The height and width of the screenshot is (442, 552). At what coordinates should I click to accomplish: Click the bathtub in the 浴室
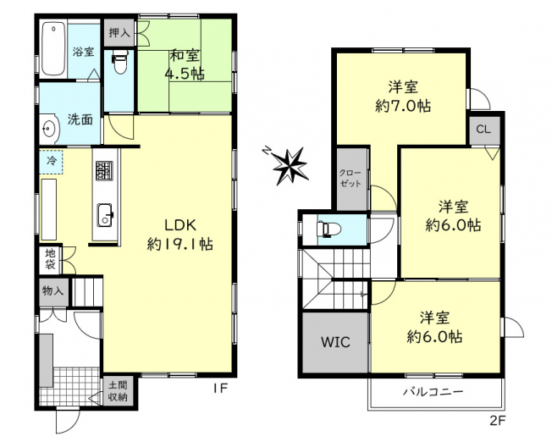53,50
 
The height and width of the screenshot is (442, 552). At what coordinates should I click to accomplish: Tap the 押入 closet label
119,33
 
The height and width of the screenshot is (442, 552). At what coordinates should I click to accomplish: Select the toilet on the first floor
119,63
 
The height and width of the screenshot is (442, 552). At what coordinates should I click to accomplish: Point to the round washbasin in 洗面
49,129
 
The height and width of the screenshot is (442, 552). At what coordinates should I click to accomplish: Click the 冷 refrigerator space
51,161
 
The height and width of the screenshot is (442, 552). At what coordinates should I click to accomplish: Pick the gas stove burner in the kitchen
104,171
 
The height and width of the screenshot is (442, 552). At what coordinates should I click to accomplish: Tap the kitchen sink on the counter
106,215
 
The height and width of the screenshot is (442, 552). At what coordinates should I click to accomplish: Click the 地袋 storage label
50,259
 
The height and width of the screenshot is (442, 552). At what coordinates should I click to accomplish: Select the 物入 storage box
53,291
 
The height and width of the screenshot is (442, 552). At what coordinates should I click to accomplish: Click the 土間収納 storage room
118,390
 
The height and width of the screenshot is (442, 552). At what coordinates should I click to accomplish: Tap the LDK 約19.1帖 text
179,235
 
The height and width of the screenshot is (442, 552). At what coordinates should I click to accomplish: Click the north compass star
289,165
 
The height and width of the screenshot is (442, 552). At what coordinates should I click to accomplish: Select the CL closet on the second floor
484,130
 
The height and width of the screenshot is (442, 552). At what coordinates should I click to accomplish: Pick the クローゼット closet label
351,178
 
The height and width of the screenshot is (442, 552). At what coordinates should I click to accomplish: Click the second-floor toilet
328,229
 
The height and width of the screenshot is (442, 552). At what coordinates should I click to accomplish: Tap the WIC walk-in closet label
335,341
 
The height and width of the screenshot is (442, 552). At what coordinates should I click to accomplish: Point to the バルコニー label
433,392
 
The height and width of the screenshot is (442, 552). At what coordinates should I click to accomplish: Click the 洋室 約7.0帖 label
403,97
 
